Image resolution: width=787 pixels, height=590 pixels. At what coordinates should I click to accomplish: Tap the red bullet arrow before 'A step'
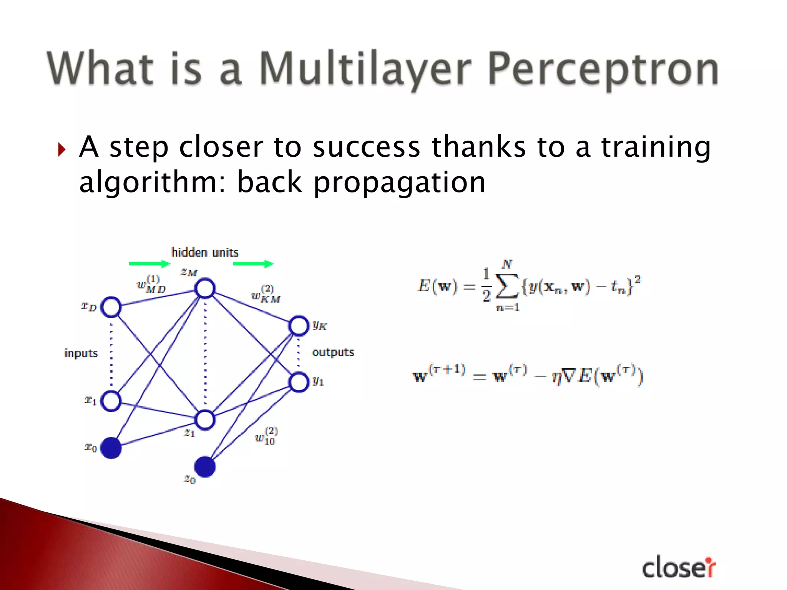[x=62, y=149]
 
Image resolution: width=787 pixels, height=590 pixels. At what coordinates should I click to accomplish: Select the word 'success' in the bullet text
[x=366, y=147]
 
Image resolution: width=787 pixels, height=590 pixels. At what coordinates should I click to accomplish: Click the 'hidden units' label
[x=205, y=252]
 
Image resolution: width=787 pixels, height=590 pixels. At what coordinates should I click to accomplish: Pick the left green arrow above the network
[x=149, y=264]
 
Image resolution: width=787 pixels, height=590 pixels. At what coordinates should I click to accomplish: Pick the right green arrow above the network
[x=253, y=264]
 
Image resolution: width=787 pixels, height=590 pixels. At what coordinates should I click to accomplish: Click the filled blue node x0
[x=111, y=448]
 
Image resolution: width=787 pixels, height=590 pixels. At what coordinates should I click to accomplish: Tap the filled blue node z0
[x=205, y=467]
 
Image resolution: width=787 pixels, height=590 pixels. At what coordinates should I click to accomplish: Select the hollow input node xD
[x=111, y=307]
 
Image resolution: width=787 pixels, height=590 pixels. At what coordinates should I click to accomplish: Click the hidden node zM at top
[x=205, y=288]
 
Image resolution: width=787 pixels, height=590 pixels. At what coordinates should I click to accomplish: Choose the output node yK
[x=299, y=326]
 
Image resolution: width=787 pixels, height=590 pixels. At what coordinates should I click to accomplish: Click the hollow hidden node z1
[x=205, y=420]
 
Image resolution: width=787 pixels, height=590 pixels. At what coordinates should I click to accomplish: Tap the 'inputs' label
[x=81, y=353]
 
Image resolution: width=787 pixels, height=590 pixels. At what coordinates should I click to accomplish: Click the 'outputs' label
[x=333, y=352]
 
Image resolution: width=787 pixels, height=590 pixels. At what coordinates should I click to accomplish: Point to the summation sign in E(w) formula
[x=507, y=286]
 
